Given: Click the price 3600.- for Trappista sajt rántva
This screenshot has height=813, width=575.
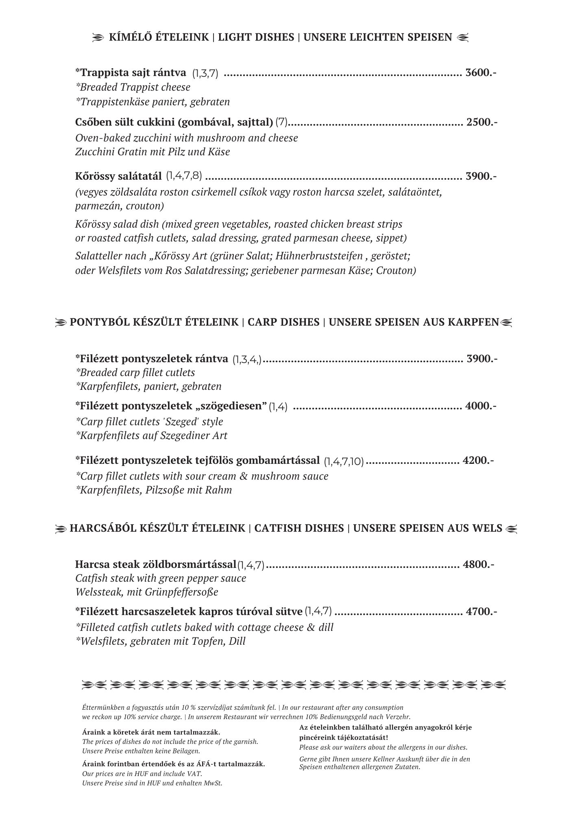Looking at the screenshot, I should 481,73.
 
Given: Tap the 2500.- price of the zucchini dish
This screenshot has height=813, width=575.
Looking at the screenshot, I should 482,122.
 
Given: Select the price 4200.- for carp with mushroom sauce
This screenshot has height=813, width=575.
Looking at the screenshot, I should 478,461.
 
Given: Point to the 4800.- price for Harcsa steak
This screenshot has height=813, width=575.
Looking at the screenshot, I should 479,564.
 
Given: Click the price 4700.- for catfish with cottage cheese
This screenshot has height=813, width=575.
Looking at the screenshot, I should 481,611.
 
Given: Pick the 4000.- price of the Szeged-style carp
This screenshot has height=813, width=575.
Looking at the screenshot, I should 481,406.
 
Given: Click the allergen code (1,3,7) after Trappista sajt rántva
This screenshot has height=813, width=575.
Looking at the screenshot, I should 205,74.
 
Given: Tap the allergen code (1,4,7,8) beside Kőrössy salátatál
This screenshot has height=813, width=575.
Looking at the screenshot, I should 184,176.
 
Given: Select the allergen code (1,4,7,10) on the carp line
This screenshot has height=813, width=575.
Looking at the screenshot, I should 344,461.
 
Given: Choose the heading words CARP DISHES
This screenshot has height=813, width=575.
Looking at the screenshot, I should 283,322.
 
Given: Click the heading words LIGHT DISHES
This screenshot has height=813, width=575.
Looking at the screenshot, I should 256,37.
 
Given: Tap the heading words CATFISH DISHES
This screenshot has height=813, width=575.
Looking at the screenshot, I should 299,528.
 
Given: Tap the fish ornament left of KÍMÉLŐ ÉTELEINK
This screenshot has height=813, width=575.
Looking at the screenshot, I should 98,38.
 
